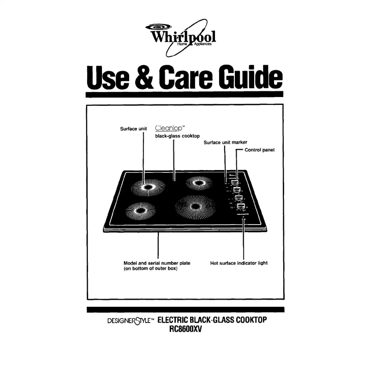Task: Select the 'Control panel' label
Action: coord(260,150)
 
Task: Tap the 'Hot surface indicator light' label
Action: coord(239,263)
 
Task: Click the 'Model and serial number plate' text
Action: coord(155,263)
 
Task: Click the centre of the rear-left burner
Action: coord(149,187)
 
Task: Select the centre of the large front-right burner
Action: coord(196,207)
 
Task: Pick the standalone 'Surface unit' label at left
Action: coord(133,128)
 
